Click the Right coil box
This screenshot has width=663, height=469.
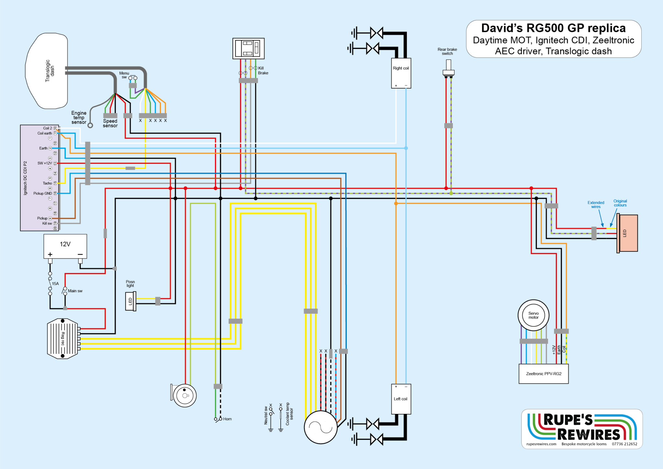coord(401,73)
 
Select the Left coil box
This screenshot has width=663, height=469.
coord(401,399)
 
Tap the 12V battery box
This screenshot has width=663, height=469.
coord(65,246)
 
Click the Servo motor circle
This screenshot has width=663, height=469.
coord(533,315)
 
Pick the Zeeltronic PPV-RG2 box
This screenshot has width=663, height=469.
coord(544,374)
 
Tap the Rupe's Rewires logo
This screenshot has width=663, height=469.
coord(582,429)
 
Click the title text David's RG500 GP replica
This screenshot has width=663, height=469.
coord(553,28)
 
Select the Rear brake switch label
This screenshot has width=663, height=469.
coord(447,51)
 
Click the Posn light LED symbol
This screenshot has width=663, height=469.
coord(130,301)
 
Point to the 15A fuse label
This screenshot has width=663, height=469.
coord(55,284)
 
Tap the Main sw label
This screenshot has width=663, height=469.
coord(75,291)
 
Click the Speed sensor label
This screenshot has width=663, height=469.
coord(110,123)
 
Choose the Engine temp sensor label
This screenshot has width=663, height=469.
coord(79,118)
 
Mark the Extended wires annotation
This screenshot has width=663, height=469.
coord(596,205)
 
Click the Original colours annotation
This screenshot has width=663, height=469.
coord(620,203)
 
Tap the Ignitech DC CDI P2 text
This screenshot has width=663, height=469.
coord(25,178)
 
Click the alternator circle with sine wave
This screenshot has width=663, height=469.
coord(320,427)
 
